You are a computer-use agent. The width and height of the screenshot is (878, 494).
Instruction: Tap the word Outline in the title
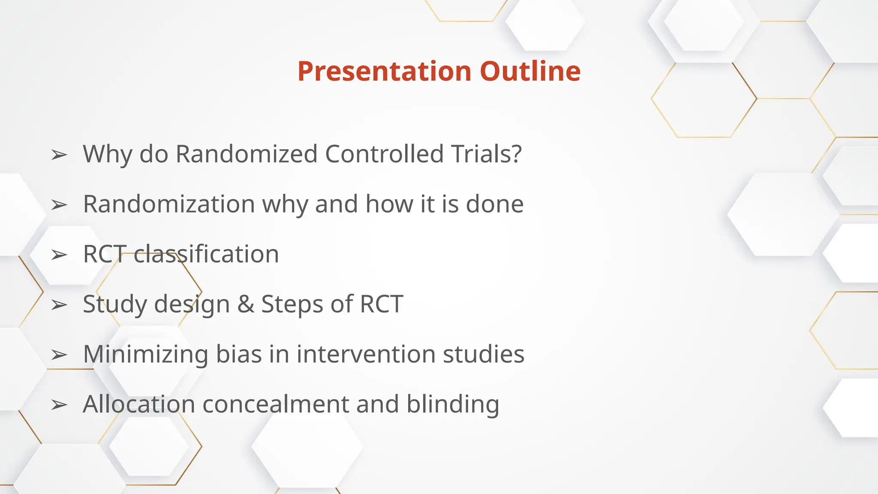point(530,71)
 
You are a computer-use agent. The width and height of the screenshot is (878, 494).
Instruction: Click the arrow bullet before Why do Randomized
point(59,155)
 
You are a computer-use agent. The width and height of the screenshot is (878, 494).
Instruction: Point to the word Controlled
point(384,154)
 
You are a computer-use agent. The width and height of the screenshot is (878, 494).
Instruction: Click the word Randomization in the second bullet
point(168,204)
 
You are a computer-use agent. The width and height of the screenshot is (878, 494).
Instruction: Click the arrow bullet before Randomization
point(59,205)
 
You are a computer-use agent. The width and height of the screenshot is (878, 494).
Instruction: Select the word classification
point(206,254)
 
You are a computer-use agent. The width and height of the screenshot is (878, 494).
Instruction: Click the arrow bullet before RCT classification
point(59,255)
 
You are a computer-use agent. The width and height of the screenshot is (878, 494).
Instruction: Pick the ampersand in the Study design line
point(246,304)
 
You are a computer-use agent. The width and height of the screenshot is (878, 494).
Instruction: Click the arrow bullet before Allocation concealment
point(59,405)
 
